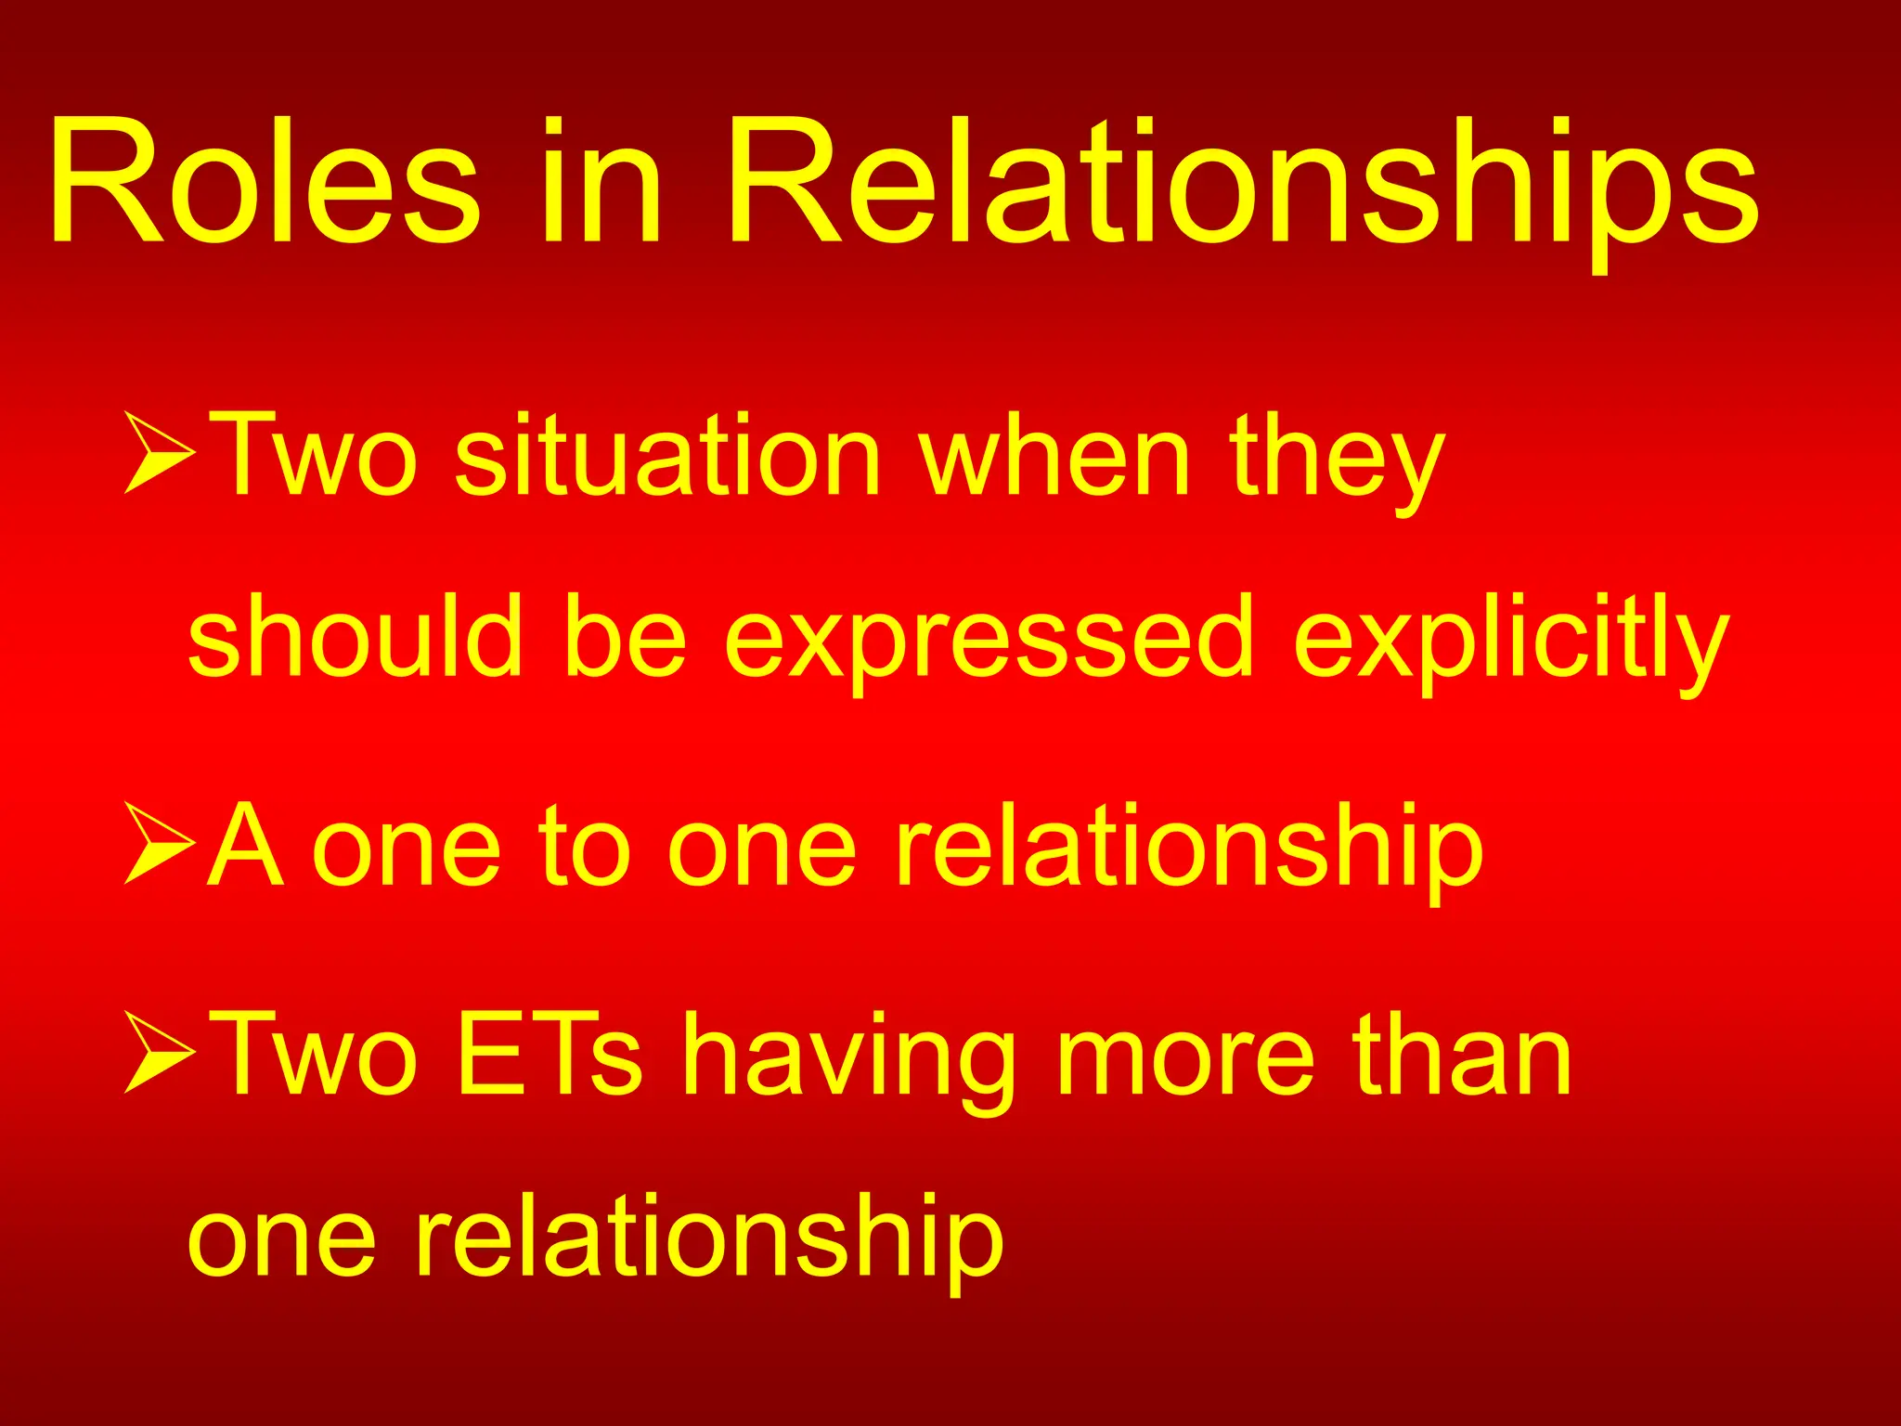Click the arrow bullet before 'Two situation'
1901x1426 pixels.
tap(160, 452)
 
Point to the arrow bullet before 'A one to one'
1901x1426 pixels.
tap(160, 843)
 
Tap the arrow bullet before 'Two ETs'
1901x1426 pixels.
tap(160, 1052)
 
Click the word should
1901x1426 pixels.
tap(355, 636)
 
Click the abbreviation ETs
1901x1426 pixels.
tap(550, 1054)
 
